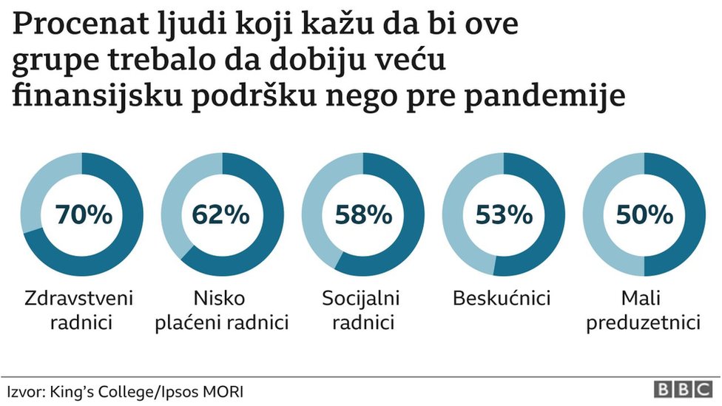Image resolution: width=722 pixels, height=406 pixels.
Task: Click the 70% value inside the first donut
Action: point(82,214)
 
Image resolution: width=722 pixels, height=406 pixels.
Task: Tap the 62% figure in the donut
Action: point(221,214)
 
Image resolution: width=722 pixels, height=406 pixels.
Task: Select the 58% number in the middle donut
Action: point(363,214)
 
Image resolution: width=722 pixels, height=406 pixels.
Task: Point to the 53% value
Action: point(504,214)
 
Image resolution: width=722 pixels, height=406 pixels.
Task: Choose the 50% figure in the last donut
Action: point(644,214)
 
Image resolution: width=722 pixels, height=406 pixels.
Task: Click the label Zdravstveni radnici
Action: point(79,311)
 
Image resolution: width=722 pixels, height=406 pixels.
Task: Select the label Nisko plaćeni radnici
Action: point(221,311)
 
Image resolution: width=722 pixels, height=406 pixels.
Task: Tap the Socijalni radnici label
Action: point(361,311)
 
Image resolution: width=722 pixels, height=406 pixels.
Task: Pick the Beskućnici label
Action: point(502,299)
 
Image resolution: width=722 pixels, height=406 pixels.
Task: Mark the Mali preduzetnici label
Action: point(644,311)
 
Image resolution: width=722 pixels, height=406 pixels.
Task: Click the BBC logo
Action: point(681,390)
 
